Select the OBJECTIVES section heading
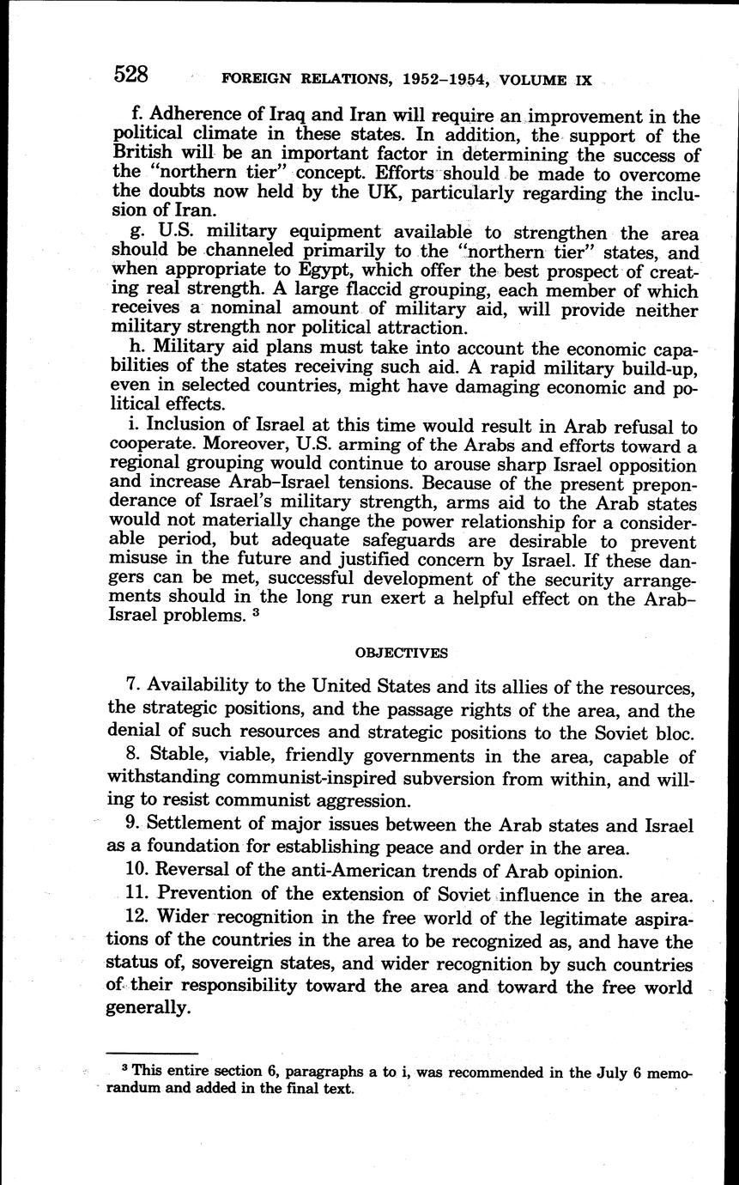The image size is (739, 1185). click(x=401, y=653)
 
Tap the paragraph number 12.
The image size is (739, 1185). click(x=136, y=919)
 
